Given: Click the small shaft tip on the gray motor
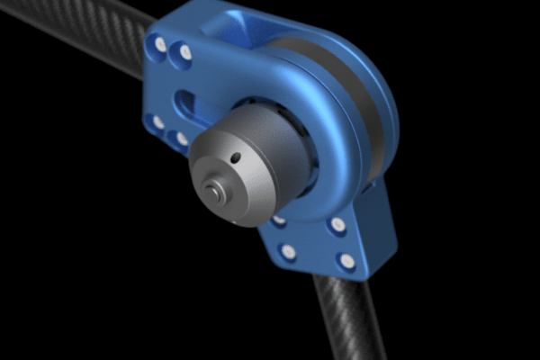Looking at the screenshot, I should tap(212, 189).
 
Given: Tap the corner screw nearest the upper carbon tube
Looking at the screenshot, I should tap(159, 43).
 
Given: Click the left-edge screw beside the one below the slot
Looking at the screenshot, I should tap(157, 121).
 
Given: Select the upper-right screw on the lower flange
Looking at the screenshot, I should tap(337, 224).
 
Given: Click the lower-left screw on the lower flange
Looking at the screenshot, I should tap(288, 252).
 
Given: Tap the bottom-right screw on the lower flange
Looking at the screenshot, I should tap(346, 262).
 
